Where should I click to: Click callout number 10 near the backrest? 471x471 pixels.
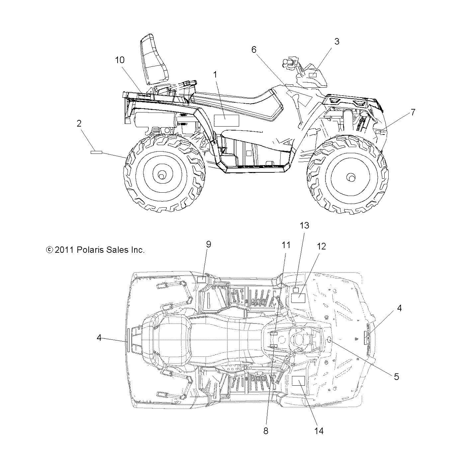pyautogui.click(x=120, y=60)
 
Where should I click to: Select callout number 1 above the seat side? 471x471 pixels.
pyautogui.click(x=215, y=75)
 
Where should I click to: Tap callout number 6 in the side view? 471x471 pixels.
pyautogui.click(x=254, y=50)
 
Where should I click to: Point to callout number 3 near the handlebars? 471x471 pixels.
pyautogui.click(x=336, y=42)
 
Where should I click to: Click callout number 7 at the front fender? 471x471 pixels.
pyautogui.click(x=413, y=113)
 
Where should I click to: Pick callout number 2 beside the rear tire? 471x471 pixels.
pyautogui.click(x=79, y=124)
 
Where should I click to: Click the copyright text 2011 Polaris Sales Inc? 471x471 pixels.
pyautogui.click(x=95, y=250)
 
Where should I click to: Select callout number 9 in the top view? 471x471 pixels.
pyautogui.click(x=208, y=244)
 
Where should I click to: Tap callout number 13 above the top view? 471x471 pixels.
pyautogui.click(x=304, y=226)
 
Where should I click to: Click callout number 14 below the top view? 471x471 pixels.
pyautogui.click(x=319, y=431)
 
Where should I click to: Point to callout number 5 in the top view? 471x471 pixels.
pyautogui.click(x=396, y=377)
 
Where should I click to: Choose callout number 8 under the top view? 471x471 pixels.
pyautogui.click(x=265, y=431)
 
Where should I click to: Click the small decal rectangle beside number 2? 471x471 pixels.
pyautogui.click(x=96, y=152)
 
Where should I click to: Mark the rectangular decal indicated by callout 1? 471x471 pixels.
pyautogui.click(x=226, y=121)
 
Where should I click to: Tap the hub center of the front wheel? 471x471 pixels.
pyautogui.click(x=350, y=177)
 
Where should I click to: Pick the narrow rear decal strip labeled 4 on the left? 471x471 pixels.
pyautogui.click(x=128, y=339)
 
